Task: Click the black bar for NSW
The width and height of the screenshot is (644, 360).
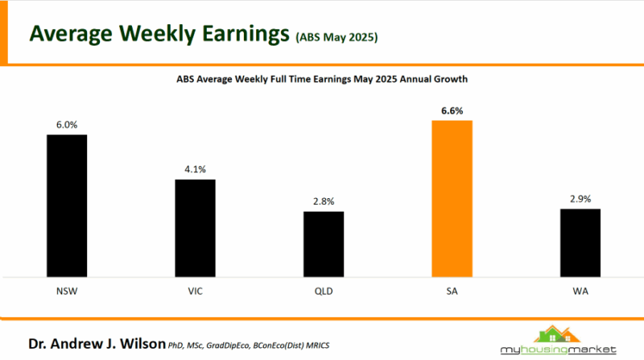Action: pyautogui.click(x=66, y=205)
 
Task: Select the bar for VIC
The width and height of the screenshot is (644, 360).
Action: pyautogui.click(x=196, y=228)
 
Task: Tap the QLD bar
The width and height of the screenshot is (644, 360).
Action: pyautogui.click(x=324, y=244)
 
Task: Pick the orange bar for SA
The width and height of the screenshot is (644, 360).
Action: pyautogui.click(x=452, y=199)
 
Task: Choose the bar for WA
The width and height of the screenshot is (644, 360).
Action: pyautogui.click(x=580, y=242)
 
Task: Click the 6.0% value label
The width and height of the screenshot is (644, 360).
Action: pyautogui.click(x=66, y=126)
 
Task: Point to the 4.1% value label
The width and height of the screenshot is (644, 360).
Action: pyautogui.click(x=196, y=170)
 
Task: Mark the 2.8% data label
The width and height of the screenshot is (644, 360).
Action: pyautogui.click(x=324, y=201)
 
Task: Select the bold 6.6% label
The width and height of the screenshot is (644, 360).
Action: pyautogui.click(x=452, y=111)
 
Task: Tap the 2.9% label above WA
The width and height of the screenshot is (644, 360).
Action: pyautogui.click(x=580, y=199)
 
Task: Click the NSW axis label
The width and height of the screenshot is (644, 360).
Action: pyautogui.click(x=66, y=289)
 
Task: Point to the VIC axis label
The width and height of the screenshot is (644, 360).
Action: pyautogui.click(x=196, y=289)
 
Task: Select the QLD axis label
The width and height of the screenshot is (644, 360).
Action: pyautogui.click(x=324, y=289)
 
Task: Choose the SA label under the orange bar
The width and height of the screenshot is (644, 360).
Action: pyautogui.click(x=452, y=289)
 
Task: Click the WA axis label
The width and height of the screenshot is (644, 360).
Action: pyautogui.click(x=580, y=289)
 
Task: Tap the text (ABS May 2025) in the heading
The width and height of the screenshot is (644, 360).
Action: pyautogui.click(x=336, y=37)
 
